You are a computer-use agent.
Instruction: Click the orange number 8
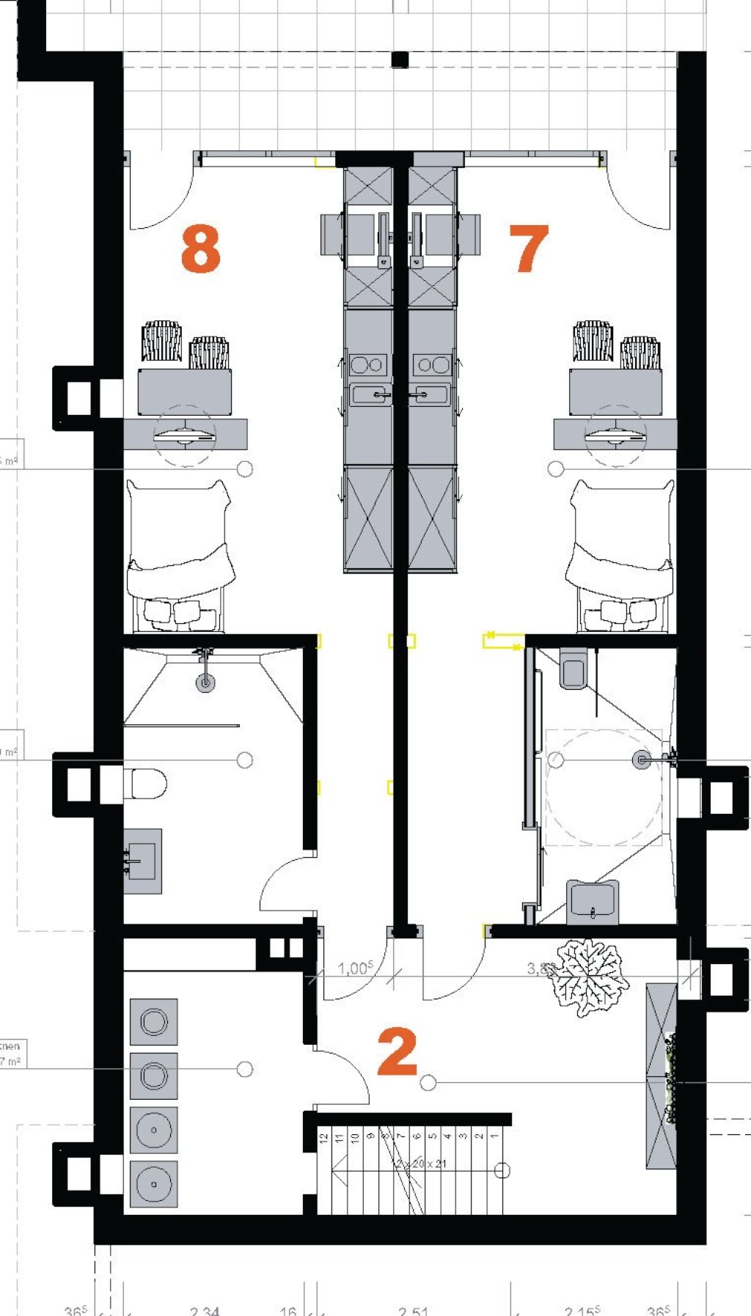[x=200, y=249]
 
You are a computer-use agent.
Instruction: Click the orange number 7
[x=530, y=249]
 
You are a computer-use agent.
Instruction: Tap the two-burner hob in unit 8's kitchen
[x=368, y=364]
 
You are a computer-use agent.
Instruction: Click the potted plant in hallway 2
[x=588, y=977]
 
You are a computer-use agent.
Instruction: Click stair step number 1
[x=495, y=1136]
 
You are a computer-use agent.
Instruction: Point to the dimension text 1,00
[x=355, y=968]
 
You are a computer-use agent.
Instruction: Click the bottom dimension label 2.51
[x=413, y=1309]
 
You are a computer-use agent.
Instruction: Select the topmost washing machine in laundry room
[x=154, y=1021]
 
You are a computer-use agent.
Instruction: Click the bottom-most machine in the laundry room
[x=154, y=1184]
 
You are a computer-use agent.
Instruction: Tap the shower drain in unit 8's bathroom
[x=205, y=683]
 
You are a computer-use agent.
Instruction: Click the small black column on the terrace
[x=400, y=60]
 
